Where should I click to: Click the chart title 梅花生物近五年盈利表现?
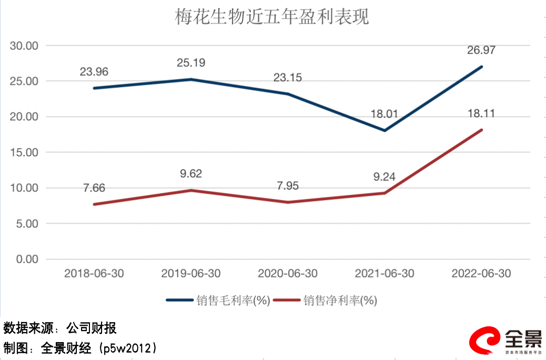pos(272,17)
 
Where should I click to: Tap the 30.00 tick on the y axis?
pos(24,46)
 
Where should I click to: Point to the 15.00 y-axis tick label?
pos(24,153)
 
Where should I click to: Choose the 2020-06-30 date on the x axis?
pos(288,274)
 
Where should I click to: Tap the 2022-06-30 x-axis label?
pos(481,274)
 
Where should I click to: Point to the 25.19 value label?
pos(190,63)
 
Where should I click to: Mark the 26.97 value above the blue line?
pos(481,51)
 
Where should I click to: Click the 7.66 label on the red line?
pos(94,187)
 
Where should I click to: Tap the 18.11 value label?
pos(481,113)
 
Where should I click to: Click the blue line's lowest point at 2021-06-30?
pos(385,131)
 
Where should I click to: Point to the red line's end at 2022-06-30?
pos(481,130)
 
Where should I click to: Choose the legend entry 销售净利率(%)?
pos(340,301)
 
